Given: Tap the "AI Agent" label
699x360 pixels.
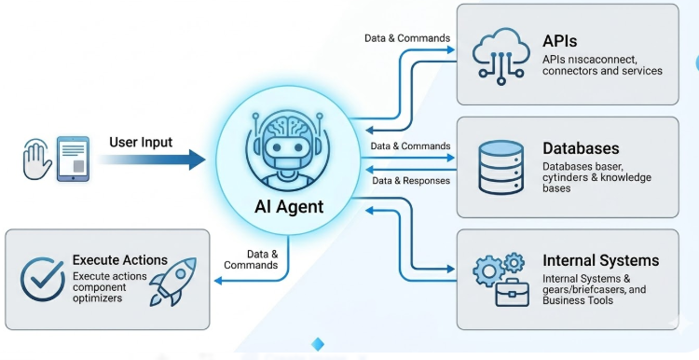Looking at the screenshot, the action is (x=289, y=207).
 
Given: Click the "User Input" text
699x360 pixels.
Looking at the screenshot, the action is (x=141, y=143).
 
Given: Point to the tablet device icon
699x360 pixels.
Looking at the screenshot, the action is (x=73, y=159).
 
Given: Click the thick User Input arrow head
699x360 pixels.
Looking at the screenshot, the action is (x=197, y=159).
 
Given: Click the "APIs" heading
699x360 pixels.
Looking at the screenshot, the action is (x=559, y=41).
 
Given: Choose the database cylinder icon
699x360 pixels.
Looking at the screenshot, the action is (x=501, y=167).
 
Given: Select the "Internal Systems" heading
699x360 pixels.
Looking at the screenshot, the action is (x=600, y=260).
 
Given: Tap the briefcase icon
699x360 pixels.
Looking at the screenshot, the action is (x=513, y=293).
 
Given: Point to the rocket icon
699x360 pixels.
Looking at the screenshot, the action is (x=173, y=282).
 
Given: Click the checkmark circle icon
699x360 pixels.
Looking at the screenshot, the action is (x=43, y=279).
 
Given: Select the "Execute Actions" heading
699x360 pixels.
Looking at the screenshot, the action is (x=120, y=260).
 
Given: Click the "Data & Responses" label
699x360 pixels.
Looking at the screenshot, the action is (x=411, y=181).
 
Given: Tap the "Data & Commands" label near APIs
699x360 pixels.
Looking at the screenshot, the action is (x=407, y=38).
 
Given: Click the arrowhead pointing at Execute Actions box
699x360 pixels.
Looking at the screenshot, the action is (x=218, y=281).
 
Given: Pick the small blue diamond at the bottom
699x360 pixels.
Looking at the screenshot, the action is (x=318, y=344).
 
